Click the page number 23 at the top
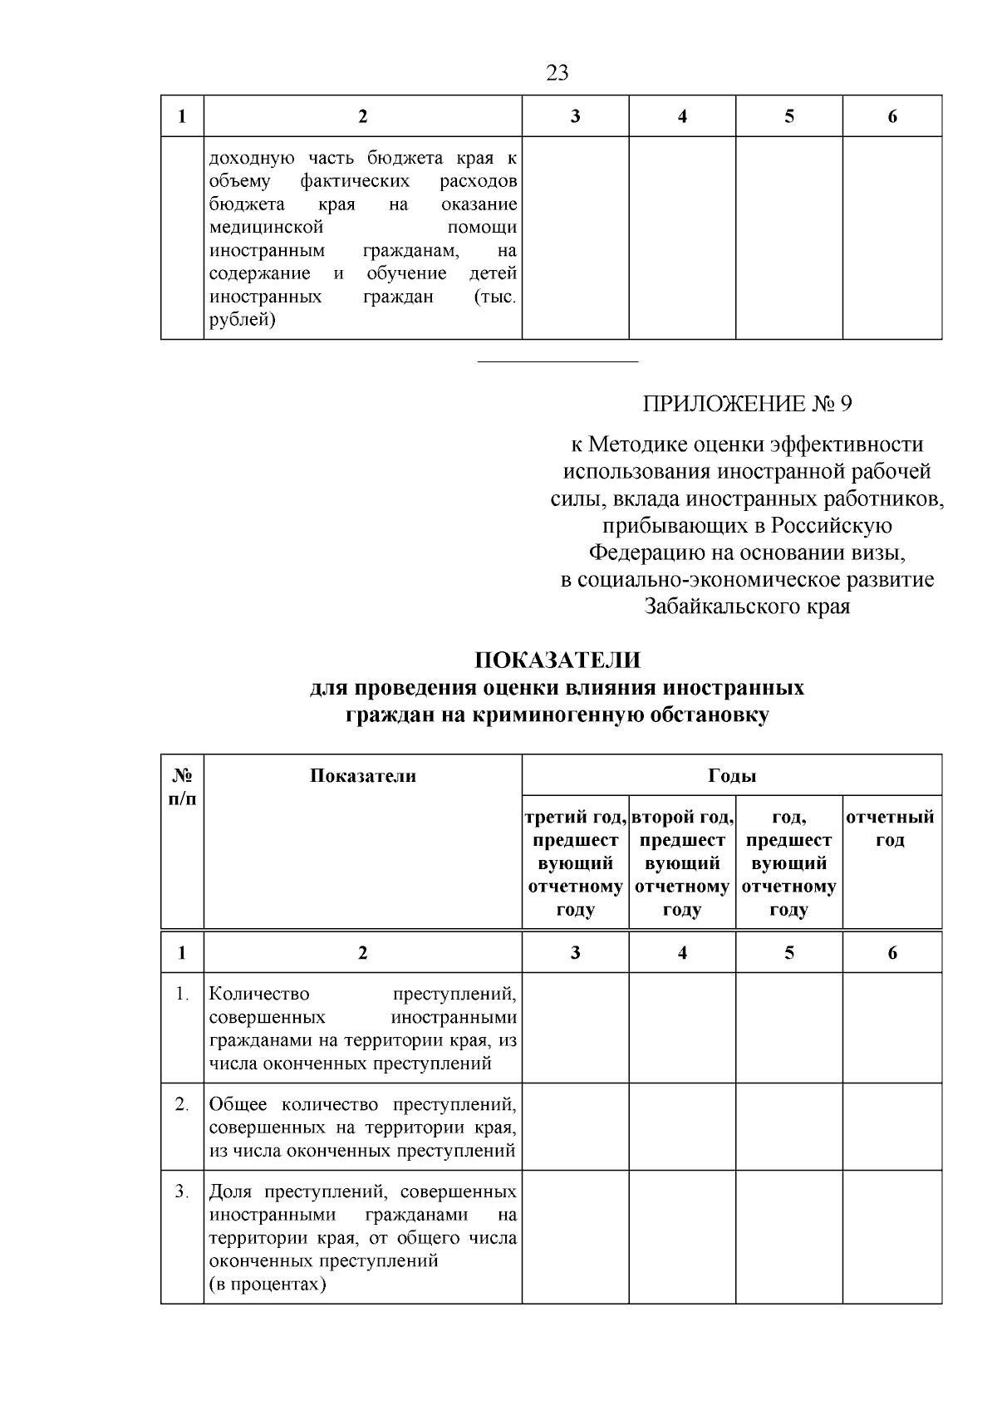557,73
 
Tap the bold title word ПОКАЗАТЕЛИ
557,661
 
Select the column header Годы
731,776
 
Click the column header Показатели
362,776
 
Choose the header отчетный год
891,828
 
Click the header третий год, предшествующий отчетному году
575,862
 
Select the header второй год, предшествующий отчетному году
682,862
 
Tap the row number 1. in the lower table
183,994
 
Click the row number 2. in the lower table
183,1104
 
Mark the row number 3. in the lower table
183,1192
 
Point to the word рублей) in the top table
242,320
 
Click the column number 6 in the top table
892,116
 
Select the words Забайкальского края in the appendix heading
747,607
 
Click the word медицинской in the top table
266,228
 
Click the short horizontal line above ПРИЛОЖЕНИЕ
557,361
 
